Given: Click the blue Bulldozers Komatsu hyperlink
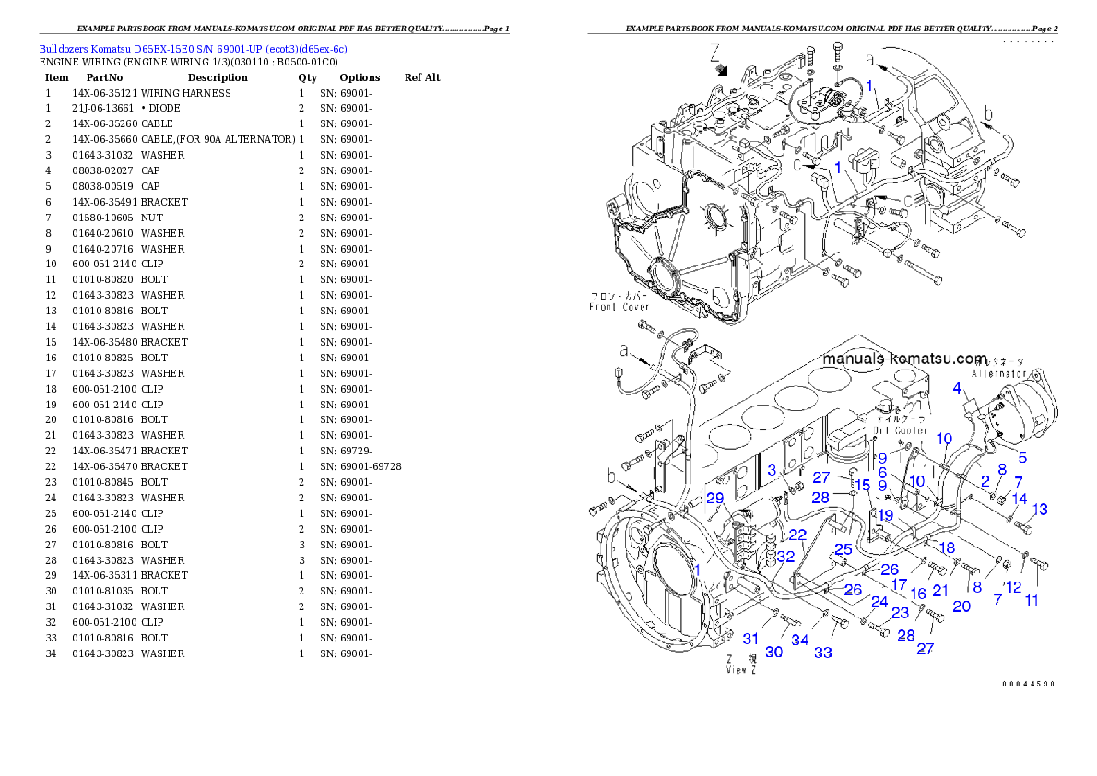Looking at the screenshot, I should click(193, 49).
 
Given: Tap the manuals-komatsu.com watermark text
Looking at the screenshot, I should click(903, 359).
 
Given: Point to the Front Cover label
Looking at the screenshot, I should click(619, 306).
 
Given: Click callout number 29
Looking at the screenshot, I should click(715, 499).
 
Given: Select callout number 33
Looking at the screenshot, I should click(823, 653).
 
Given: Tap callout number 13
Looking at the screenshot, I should click(1039, 509).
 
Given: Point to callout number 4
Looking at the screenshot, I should click(958, 387).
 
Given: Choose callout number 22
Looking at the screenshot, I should click(797, 535).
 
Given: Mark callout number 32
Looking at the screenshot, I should click(784, 557).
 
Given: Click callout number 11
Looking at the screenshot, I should click(1032, 600).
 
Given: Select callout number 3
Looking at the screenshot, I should click(772, 470).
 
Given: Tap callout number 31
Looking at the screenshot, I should click(751, 639).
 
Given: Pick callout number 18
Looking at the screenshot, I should click(947, 547).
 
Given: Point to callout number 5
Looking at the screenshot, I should click(1021, 457).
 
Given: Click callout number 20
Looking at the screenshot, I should click(961, 606).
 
